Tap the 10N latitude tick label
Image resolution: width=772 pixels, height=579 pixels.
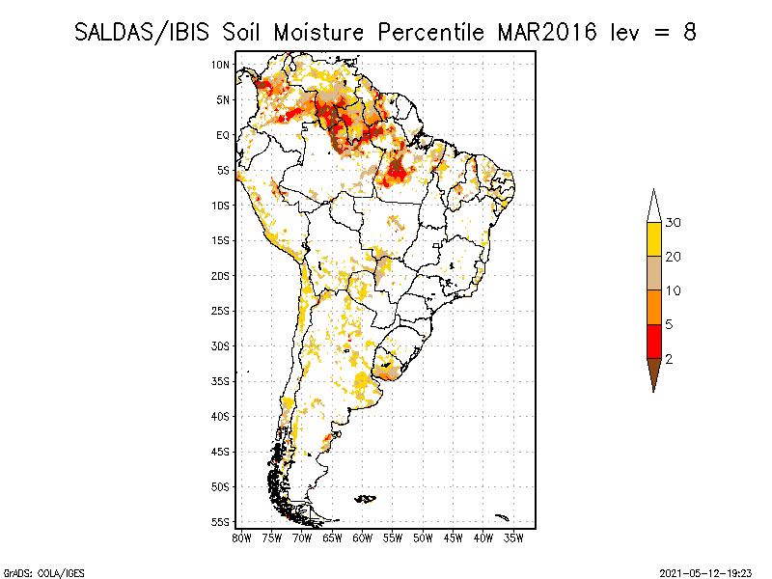[221, 65]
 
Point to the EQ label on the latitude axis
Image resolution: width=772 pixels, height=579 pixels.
[222, 135]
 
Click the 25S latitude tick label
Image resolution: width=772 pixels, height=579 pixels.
[221, 311]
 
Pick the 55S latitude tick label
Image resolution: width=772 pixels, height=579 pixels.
[221, 522]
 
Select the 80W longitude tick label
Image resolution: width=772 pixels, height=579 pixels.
[242, 538]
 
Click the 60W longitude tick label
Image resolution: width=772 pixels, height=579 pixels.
[363, 538]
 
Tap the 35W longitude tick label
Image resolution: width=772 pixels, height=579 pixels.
[513, 538]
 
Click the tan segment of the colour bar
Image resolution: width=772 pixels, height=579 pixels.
[653, 273]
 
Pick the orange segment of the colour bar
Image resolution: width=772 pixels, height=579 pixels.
[653, 307]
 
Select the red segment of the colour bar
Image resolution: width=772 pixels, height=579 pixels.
[653, 341]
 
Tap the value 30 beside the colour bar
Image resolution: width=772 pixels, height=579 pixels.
[673, 223]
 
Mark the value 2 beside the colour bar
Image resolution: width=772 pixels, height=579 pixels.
[669, 358]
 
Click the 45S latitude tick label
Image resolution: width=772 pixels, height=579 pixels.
[221, 452]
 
